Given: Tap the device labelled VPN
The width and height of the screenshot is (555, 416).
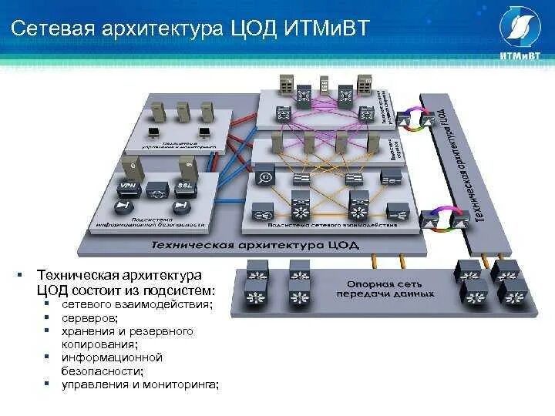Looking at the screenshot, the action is (x=128, y=186).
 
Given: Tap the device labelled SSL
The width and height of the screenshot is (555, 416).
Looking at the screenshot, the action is (x=185, y=186).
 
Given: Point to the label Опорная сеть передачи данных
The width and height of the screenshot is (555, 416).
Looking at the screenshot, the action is (x=385, y=289).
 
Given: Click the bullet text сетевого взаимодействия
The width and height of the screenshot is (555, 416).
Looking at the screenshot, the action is (x=136, y=305).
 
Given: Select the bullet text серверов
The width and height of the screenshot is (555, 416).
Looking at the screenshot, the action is (x=90, y=317).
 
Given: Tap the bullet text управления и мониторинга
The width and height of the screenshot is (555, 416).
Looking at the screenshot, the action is (x=140, y=384).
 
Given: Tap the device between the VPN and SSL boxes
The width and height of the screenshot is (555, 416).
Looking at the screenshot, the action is (x=156, y=188).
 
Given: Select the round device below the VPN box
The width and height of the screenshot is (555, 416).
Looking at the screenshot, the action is (x=124, y=206).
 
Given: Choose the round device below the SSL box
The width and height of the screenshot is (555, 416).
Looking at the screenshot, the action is (x=181, y=206).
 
